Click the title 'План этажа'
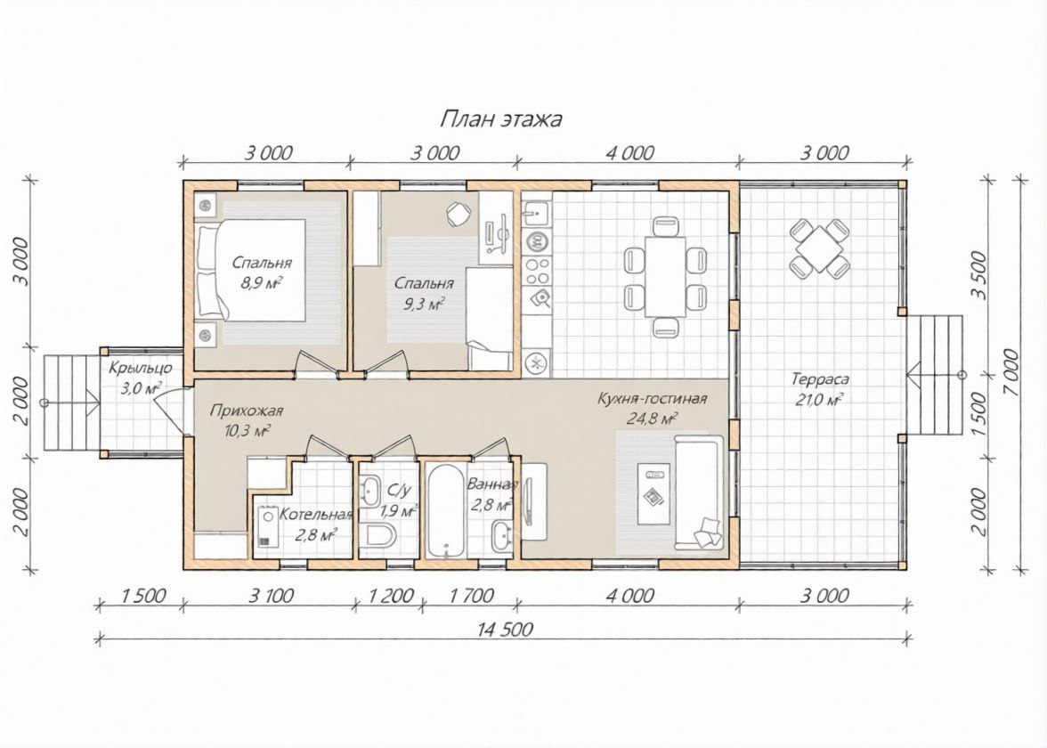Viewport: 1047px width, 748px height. click(500, 119)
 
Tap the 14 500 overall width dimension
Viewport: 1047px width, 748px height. click(505, 629)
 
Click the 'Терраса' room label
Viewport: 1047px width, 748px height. click(820, 379)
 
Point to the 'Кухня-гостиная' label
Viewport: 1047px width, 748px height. click(652, 399)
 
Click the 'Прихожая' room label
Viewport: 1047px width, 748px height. click(247, 411)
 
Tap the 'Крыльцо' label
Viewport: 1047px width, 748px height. click(141, 368)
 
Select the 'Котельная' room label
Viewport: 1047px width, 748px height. click(315, 515)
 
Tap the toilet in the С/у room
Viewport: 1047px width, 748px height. click(378, 536)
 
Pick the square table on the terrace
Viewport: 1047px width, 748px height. click(818, 248)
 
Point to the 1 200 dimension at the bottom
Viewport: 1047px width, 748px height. click(392, 595)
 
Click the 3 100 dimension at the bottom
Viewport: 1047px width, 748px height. click(271, 595)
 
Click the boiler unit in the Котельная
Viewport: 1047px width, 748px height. click(268, 525)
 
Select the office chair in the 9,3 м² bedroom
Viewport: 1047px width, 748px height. click(459, 213)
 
